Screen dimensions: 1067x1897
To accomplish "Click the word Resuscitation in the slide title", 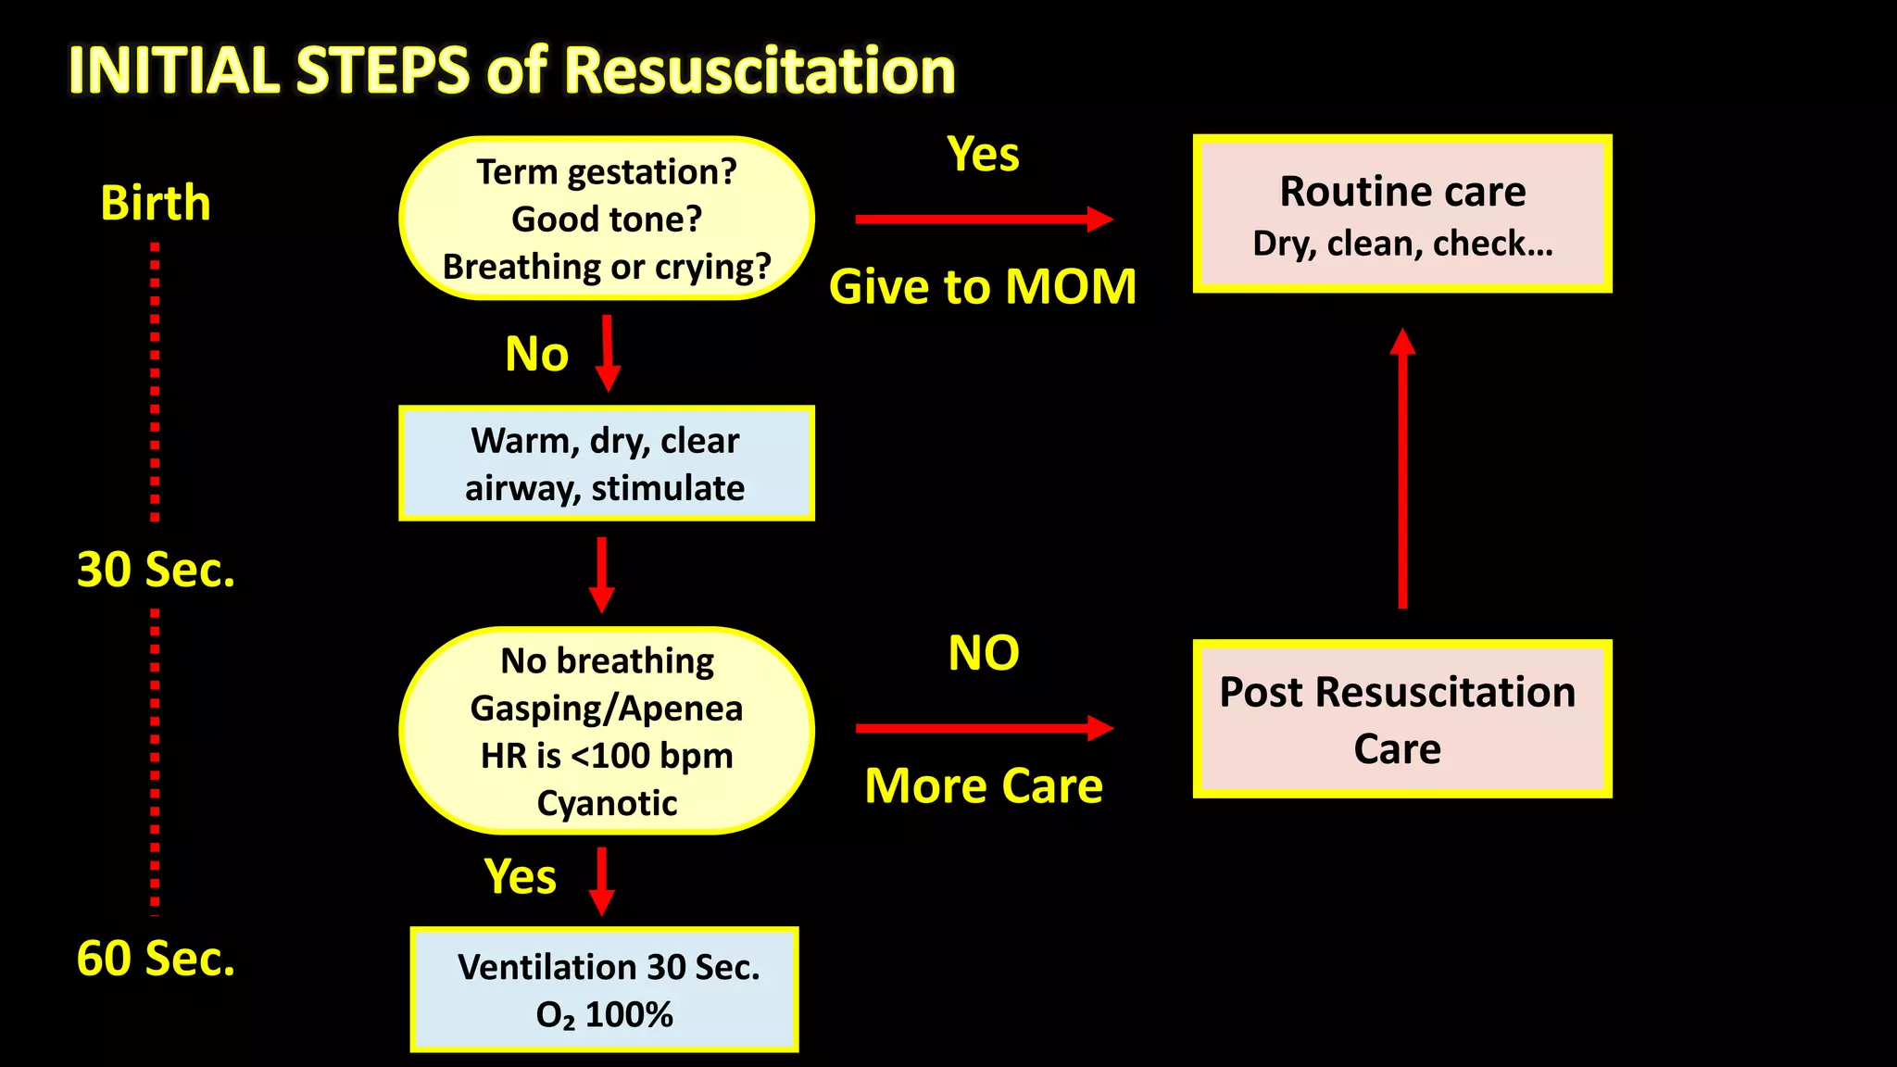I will (760, 71).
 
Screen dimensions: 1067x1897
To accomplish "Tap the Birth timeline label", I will (156, 203).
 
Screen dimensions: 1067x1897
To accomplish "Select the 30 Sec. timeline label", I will (156, 570).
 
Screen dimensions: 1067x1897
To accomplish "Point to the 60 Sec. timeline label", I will (156, 959).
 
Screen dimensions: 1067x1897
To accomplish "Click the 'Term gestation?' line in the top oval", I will (607, 172).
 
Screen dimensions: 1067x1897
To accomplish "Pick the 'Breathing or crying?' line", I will (607, 267).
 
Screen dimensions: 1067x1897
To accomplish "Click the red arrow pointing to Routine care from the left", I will (984, 220).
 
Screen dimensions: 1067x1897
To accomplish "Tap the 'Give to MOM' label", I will (983, 287).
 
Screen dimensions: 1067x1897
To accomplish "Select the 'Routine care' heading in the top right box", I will (1402, 192).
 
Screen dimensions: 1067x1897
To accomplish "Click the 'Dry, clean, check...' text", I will (1402, 244).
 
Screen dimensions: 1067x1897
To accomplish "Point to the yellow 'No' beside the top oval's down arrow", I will (536, 354).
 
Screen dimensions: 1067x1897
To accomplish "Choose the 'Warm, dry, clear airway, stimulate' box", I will (606, 463).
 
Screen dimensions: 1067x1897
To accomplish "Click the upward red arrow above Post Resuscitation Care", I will (1402, 468).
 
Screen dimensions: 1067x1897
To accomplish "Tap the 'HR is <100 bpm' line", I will (607, 756).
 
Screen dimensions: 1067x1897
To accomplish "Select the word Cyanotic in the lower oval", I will (607, 803).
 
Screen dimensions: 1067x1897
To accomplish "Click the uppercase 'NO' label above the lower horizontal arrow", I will (984, 654).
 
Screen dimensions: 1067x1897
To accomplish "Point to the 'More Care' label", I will (984, 786).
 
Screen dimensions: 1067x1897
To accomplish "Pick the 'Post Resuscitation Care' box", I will (1401, 719).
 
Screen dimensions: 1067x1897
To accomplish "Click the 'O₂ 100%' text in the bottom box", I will (604, 1015).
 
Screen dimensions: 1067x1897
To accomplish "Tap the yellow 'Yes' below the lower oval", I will (520, 876).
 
